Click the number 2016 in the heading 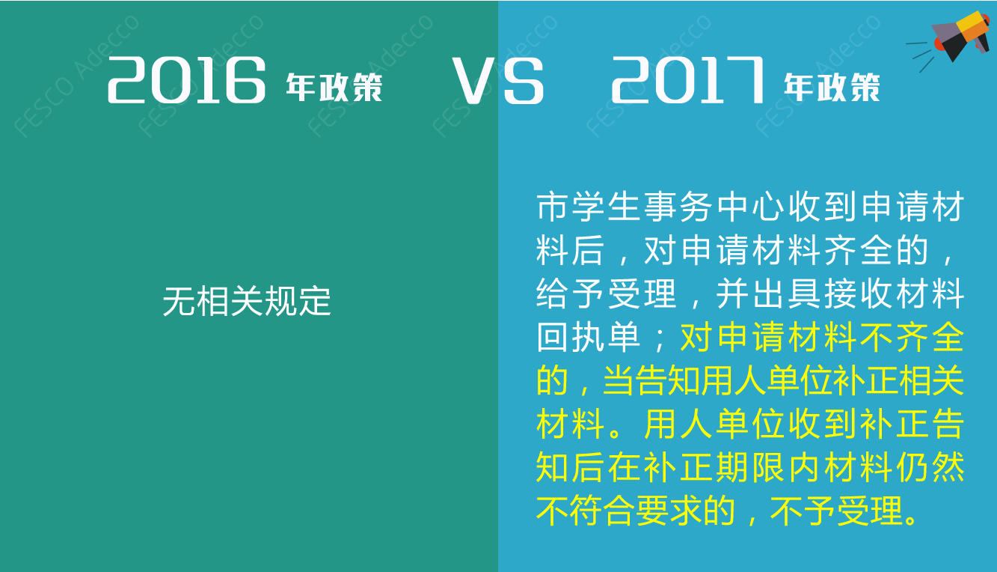186,80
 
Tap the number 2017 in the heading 687,80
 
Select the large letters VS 498,81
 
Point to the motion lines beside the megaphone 919,55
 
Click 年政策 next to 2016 334,88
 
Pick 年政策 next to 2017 832,88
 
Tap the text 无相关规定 247,302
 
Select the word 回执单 589,337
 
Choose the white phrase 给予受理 607,293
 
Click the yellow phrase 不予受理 836,511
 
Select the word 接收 858,293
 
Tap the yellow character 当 619,380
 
